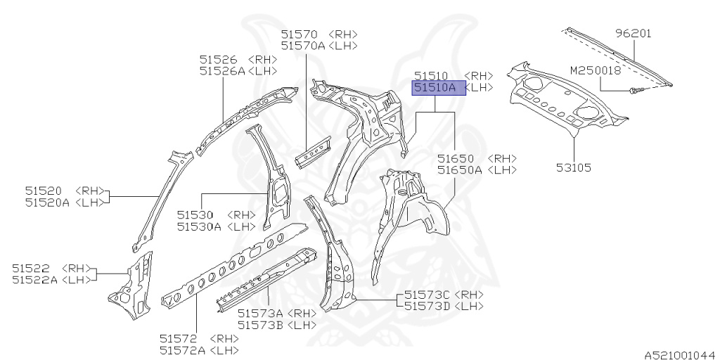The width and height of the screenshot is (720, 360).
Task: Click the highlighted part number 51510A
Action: pos(435,88)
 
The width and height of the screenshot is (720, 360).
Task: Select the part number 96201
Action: pos(634,33)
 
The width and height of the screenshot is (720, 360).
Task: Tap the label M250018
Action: pos(595,71)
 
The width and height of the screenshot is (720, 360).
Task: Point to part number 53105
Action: pos(573,168)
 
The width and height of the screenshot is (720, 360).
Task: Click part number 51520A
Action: pos(48,202)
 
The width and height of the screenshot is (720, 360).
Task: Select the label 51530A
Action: pos(199,226)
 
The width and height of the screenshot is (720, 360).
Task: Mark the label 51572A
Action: pos(182,350)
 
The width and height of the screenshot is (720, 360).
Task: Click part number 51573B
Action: pos(260,325)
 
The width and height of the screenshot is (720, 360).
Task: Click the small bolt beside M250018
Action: pos(634,90)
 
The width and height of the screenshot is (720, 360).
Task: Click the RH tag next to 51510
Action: pos(480,76)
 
